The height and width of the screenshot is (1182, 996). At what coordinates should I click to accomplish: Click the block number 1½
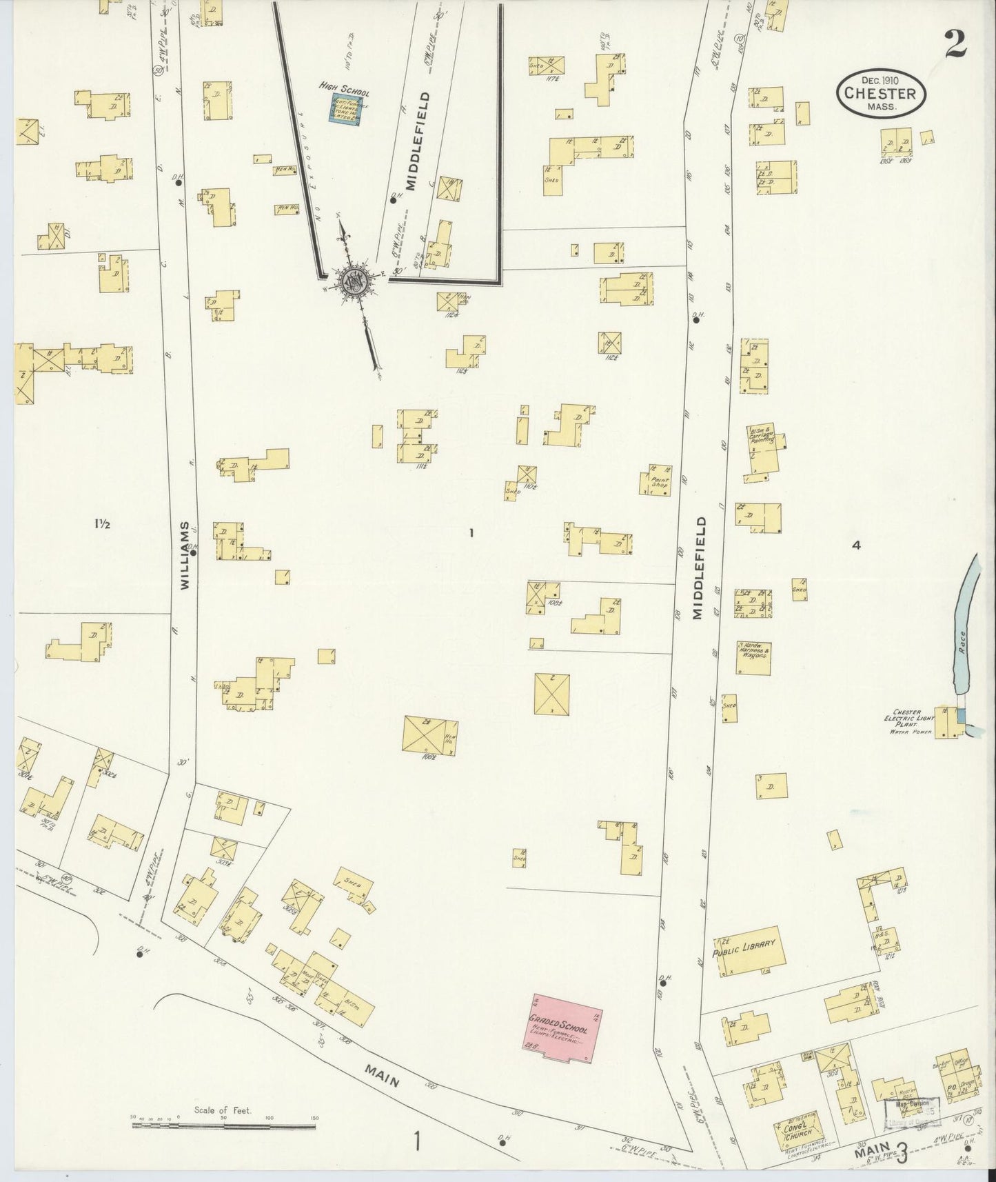(103, 523)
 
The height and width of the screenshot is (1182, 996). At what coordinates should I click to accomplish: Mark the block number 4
(856, 545)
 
